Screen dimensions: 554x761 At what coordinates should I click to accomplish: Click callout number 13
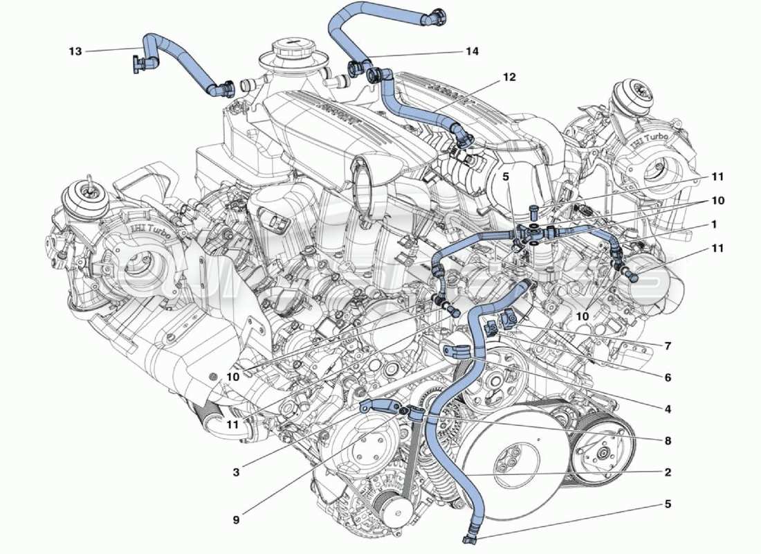coord(75,51)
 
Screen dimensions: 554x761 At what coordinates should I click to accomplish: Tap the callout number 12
coord(509,78)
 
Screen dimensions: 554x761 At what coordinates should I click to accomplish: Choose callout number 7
coord(668,345)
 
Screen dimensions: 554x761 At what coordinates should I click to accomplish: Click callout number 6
coord(668,378)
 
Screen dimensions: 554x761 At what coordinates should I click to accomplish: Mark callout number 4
coord(668,409)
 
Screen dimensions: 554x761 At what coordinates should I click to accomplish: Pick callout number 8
coord(668,440)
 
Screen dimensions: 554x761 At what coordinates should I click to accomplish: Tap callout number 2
coord(668,472)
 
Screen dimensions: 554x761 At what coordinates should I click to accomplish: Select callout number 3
coord(236,473)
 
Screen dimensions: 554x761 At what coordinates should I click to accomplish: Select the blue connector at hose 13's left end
coord(140,64)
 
